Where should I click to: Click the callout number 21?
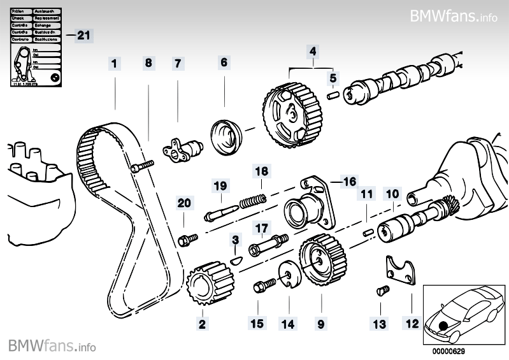pos(83,35)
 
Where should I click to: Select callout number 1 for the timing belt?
pos(114,63)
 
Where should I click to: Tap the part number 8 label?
pos(148,63)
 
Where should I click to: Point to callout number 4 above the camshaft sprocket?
pos(313,50)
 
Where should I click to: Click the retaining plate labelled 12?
pos(401,271)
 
